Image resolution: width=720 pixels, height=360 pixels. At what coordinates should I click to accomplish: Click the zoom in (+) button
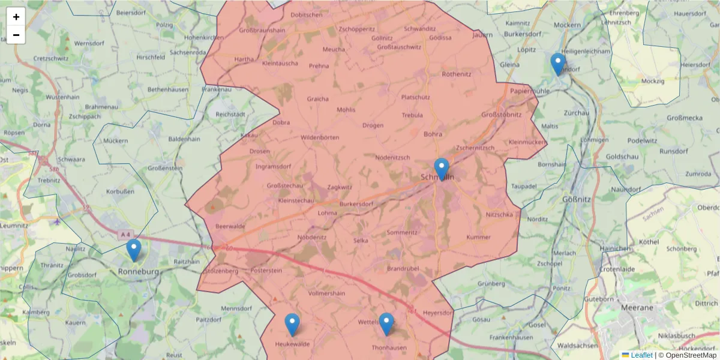pyautogui.click(x=16, y=17)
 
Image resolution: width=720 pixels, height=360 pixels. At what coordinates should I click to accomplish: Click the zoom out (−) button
pyautogui.click(x=16, y=35)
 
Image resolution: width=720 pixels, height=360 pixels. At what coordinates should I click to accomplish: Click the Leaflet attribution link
pyautogui.click(x=641, y=355)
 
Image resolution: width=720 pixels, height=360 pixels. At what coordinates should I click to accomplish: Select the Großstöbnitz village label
pyautogui.click(x=501, y=115)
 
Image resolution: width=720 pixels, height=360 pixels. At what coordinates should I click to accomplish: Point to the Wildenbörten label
pyautogui.click(x=320, y=137)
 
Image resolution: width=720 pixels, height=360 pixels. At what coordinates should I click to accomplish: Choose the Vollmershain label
pyautogui.click(x=326, y=293)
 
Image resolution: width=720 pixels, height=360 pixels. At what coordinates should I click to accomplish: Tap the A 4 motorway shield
pyautogui.click(x=125, y=234)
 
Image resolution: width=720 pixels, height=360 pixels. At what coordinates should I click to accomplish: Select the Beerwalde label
pyautogui.click(x=230, y=226)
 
